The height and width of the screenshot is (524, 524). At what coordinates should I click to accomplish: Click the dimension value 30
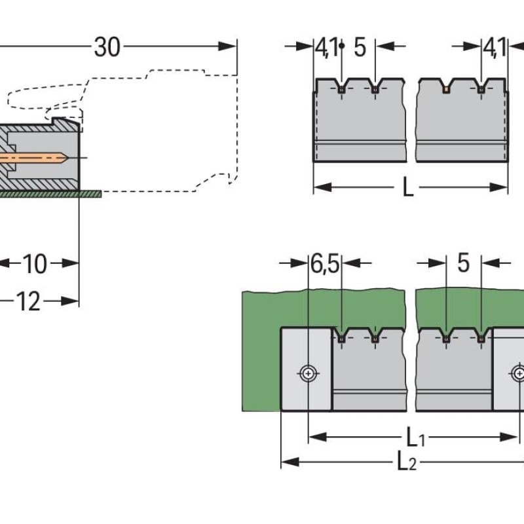click(107, 47)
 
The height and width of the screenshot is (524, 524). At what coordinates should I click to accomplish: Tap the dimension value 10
click(35, 264)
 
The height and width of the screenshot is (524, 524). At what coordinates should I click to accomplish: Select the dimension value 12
click(28, 301)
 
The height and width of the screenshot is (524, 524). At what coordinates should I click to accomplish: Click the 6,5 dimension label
click(325, 264)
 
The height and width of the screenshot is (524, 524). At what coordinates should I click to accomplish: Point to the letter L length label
click(407, 187)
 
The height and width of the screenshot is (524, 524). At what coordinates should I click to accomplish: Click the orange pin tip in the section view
click(66, 157)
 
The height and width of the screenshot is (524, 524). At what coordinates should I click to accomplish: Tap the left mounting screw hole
click(308, 373)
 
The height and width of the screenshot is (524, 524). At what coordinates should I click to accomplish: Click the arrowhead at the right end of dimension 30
click(227, 47)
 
